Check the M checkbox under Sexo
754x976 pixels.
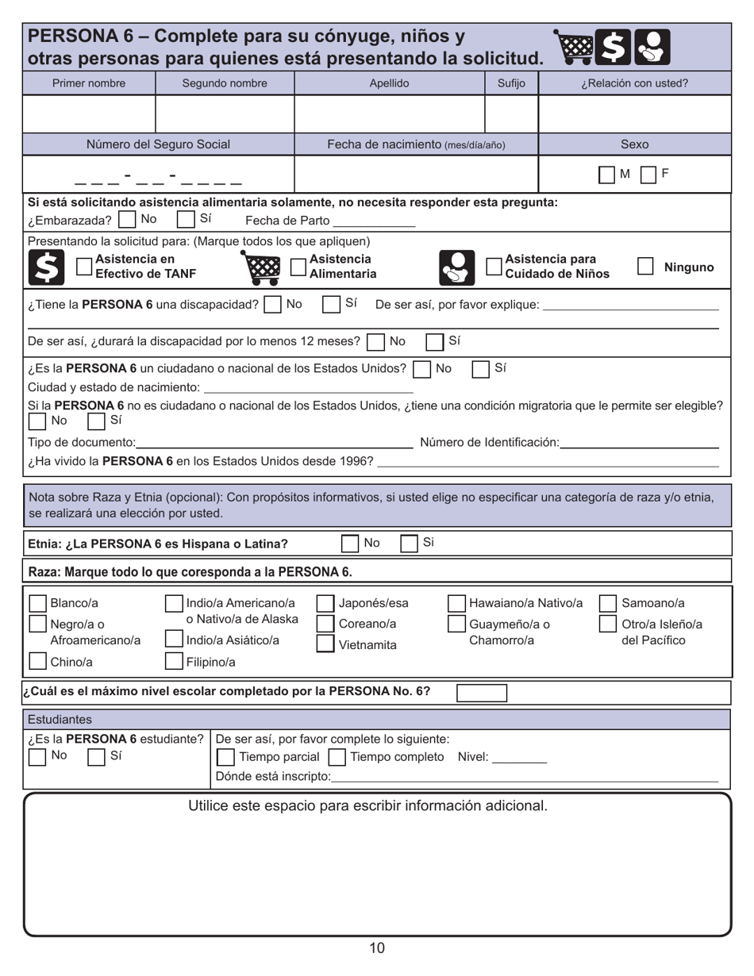(x=606, y=175)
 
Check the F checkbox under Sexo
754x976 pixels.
(x=648, y=175)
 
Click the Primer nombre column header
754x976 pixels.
(x=89, y=83)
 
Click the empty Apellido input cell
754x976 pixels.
(x=389, y=113)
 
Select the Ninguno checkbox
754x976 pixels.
(x=645, y=267)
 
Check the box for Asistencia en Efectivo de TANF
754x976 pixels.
(x=83, y=267)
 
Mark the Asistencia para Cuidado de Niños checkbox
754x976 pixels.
(x=494, y=267)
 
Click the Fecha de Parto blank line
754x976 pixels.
(x=374, y=221)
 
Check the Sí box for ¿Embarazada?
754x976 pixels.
(x=185, y=219)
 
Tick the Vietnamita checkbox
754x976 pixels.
(x=325, y=644)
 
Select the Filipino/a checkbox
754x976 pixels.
(x=174, y=661)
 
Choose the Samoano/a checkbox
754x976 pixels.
(x=607, y=604)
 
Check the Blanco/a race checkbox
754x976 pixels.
(x=37, y=604)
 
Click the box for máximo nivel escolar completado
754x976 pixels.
(x=482, y=692)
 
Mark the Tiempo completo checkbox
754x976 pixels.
(x=337, y=757)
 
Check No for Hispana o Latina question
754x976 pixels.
(x=349, y=544)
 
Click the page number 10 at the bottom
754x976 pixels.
(x=377, y=947)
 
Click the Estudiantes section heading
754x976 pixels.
(x=60, y=720)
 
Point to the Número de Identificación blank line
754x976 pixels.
(x=640, y=442)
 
